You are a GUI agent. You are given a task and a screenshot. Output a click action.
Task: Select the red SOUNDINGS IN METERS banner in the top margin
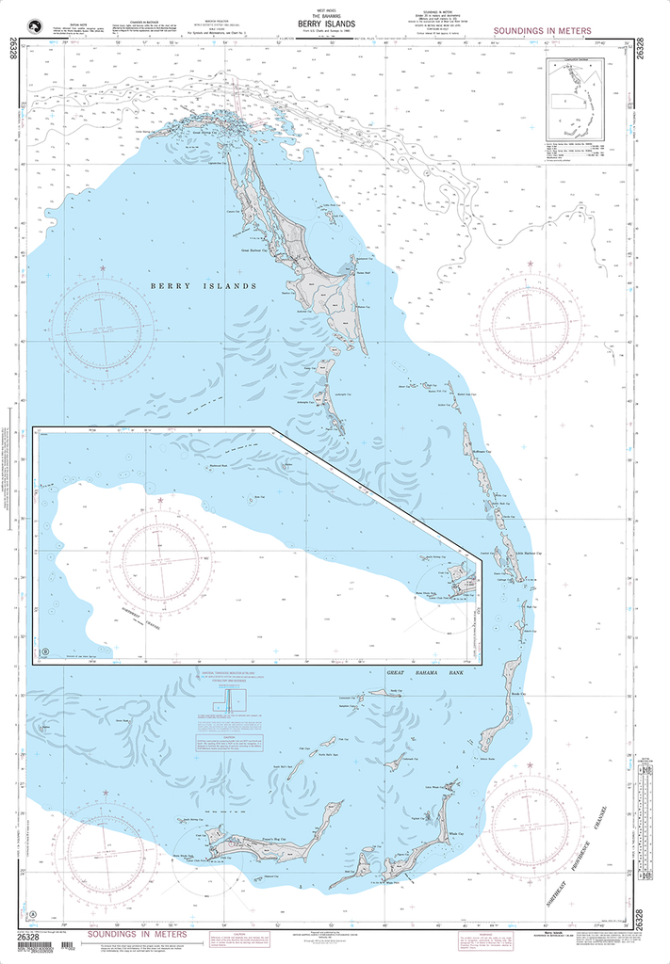coord(542,31)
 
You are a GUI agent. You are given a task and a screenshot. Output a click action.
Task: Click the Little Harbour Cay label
coord(530,555)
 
